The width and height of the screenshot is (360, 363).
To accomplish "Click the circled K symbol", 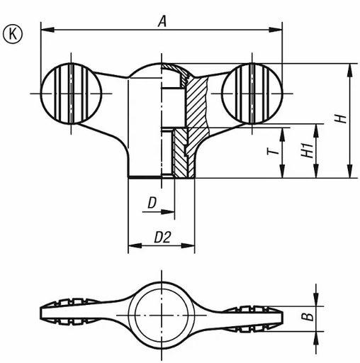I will (13, 33).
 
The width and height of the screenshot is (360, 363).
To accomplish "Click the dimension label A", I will (162, 21).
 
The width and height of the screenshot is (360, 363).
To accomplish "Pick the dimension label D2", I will (163, 238).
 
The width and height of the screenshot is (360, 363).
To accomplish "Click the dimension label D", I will (152, 203).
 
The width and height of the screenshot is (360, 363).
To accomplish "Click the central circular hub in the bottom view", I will (162, 313).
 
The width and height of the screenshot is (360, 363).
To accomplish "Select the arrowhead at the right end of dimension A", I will (279, 30).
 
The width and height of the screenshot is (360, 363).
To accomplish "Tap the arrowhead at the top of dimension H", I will (349, 68).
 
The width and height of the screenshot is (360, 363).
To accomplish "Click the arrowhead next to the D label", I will (170, 210).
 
